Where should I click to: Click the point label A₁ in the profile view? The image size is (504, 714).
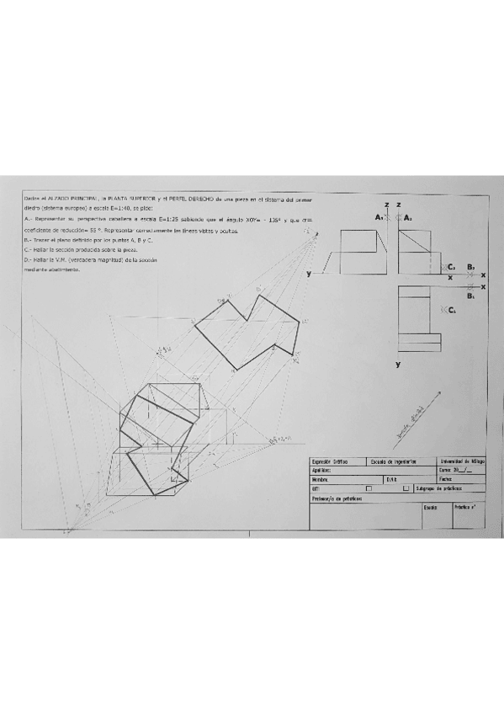coord(379,217)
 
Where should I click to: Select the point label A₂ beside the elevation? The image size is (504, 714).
coord(408,217)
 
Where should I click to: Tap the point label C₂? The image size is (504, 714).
coord(452,267)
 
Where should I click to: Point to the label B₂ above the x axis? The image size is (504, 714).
coord(472,267)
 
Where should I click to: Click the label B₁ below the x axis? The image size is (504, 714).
coord(471,296)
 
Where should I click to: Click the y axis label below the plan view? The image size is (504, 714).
coord(398,365)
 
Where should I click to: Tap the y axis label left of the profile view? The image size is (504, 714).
coord(310,274)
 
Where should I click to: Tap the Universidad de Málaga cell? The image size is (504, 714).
coord(462,462)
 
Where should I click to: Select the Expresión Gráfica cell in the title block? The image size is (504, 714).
coord(330,462)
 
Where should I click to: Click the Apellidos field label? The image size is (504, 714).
coord(322,471)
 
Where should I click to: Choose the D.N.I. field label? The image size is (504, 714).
coord(392,479)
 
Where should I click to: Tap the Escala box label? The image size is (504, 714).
coord(430,508)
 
